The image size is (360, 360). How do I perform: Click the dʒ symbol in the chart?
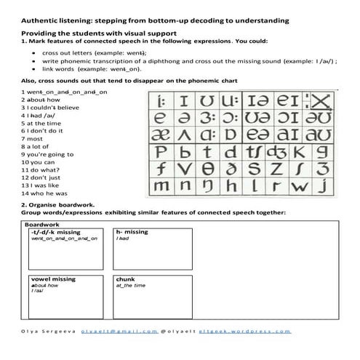(x=276, y=153)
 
